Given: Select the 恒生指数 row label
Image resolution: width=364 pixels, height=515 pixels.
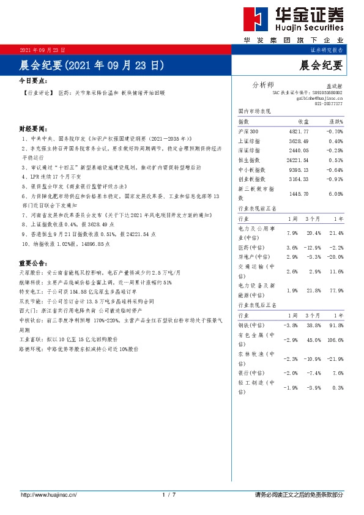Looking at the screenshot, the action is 248,160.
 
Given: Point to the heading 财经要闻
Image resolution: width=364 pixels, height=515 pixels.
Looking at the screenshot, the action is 32,129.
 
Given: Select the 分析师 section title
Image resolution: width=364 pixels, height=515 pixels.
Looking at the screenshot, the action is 264,84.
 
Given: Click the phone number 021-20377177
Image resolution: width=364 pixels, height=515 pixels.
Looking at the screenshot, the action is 329,104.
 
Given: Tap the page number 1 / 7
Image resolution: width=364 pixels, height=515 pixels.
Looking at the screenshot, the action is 169,494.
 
